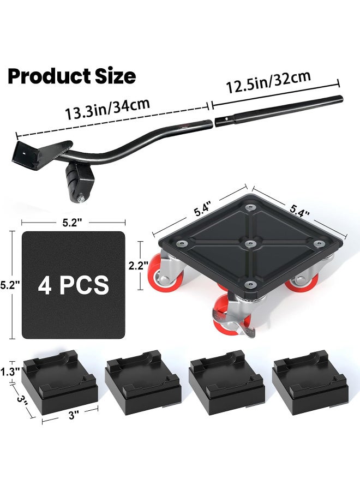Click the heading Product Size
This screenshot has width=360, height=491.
71,76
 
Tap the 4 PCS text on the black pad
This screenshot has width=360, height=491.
74,285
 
